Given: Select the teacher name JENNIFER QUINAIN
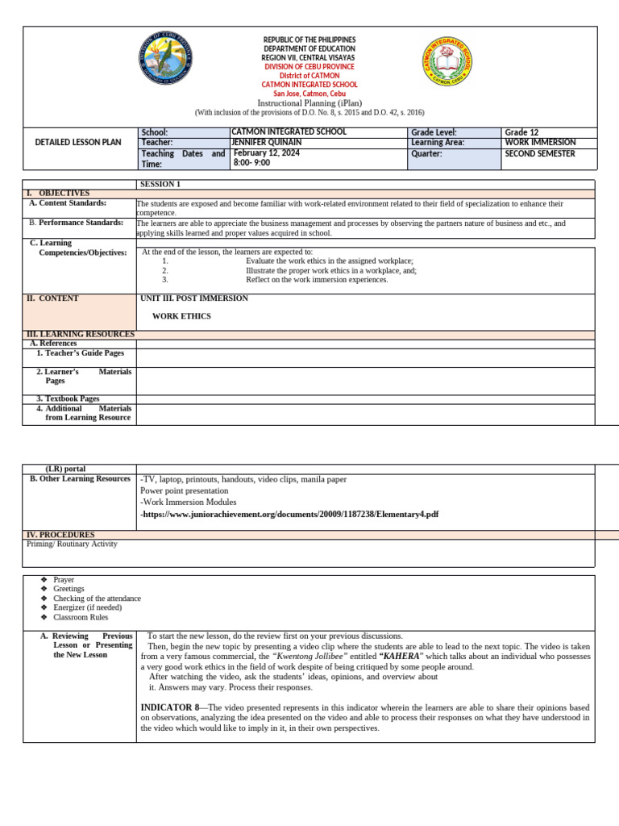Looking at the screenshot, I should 266,143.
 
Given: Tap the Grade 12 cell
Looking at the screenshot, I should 521,132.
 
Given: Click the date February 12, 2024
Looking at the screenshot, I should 266,153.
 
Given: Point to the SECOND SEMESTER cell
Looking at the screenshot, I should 540,153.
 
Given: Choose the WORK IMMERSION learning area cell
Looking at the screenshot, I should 540,143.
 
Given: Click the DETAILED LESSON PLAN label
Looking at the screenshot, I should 78,143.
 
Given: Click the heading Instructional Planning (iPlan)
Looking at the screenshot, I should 309,103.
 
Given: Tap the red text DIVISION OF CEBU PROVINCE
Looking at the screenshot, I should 309,67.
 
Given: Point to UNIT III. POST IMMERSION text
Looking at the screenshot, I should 194,298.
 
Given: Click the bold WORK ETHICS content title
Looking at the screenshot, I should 181,316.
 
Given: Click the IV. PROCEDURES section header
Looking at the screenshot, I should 60,535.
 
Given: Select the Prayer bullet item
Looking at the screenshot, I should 64,580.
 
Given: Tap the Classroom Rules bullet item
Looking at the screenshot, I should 81,617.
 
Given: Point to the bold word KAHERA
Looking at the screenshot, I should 401,657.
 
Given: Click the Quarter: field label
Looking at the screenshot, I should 426,153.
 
